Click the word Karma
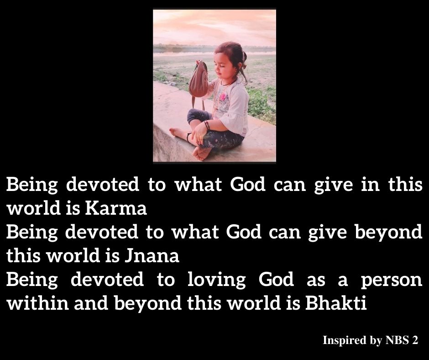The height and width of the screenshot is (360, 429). [116, 208]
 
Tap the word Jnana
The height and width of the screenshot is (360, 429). [152, 256]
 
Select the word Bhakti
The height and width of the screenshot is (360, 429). [336, 303]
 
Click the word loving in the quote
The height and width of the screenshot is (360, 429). [217, 280]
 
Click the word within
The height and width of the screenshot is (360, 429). [37, 303]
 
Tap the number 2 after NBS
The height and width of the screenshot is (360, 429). [415, 340]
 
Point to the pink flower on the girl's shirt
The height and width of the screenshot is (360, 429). [223, 97]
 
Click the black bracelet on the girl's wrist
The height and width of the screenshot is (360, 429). [207, 126]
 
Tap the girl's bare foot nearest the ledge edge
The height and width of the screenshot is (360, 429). [202, 154]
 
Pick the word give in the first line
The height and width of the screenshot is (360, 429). [334, 185]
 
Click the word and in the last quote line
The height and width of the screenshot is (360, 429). [91, 303]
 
